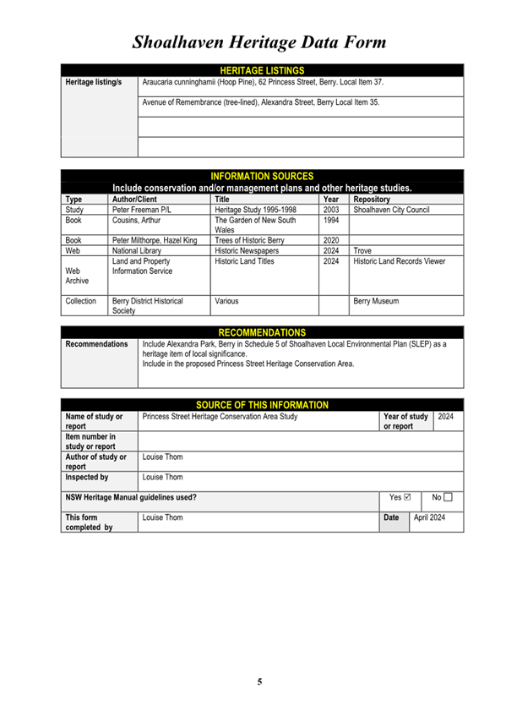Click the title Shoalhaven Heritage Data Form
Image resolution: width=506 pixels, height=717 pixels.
click(x=258, y=41)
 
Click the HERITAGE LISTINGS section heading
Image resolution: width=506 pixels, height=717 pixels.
click(x=261, y=70)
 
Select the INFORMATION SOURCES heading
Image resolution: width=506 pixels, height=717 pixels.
click(x=261, y=176)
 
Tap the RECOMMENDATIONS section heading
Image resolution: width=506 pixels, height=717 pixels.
click(x=262, y=332)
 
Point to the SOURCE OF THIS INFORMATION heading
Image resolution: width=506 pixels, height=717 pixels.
click(x=262, y=405)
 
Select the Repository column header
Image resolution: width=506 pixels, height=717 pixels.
click(x=373, y=200)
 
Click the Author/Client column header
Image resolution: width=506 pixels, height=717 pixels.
click(x=134, y=200)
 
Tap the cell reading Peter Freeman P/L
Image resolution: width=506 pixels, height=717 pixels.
click(x=140, y=210)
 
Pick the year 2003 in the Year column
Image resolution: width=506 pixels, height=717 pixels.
click(x=331, y=210)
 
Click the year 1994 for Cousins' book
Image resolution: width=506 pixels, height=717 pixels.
click(x=331, y=220)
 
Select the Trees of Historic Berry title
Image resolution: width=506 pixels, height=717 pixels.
click(x=250, y=240)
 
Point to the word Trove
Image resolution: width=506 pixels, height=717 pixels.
click(x=362, y=251)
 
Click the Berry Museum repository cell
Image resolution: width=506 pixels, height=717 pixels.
click(x=376, y=300)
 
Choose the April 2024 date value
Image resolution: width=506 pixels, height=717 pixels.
click(x=429, y=516)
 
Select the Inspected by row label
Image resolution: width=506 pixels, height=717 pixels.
click(x=86, y=477)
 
